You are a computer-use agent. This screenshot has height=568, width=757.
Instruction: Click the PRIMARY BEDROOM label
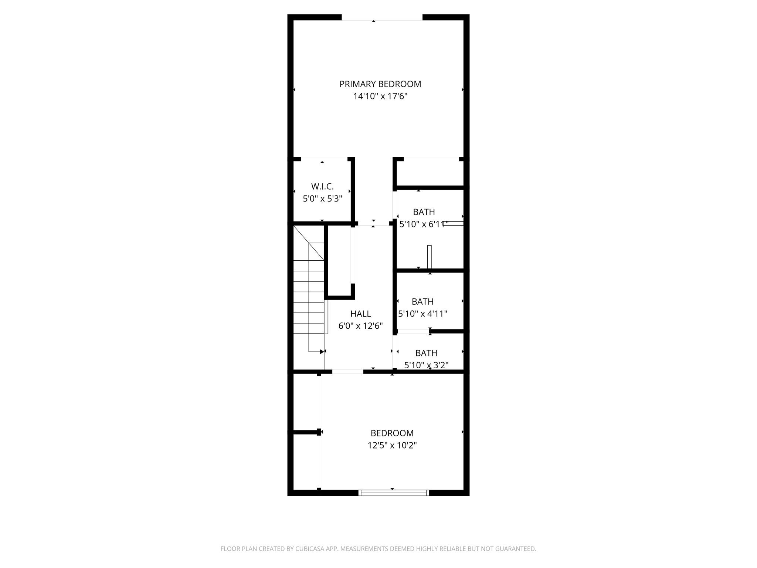click(380, 84)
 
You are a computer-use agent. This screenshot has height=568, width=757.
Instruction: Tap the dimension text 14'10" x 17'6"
click(380, 96)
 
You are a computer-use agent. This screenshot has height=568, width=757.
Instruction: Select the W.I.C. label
click(322, 186)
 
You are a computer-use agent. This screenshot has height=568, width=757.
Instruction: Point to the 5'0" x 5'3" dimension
click(322, 199)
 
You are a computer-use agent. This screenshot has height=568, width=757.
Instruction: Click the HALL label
click(360, 314)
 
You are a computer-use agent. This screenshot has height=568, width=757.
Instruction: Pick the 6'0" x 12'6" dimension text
click(360, 326)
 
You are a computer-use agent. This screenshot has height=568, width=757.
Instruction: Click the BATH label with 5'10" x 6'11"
click(424, 212)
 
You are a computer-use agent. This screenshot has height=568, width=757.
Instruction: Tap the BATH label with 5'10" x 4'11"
click(422, 301)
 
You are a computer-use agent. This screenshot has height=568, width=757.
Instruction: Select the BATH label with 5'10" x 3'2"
click(426, 353)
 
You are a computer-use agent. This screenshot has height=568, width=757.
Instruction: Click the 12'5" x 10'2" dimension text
click(392, 445)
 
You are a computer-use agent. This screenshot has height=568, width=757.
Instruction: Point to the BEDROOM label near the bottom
click(392, 433)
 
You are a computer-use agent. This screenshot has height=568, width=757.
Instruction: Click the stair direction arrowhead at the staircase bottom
click(322, 352)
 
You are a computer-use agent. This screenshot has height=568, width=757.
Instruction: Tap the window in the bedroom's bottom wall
click(394, 493)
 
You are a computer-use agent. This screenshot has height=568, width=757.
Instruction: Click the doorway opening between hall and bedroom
click(347, 372)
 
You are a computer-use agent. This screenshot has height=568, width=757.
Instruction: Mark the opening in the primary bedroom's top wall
click(381, 17)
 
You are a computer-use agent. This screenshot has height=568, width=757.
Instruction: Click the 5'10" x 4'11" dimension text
click(422, 314)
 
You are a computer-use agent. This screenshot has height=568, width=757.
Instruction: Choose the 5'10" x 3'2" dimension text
click(426, 365)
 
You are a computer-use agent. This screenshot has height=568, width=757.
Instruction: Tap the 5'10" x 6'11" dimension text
click(424, 224)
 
